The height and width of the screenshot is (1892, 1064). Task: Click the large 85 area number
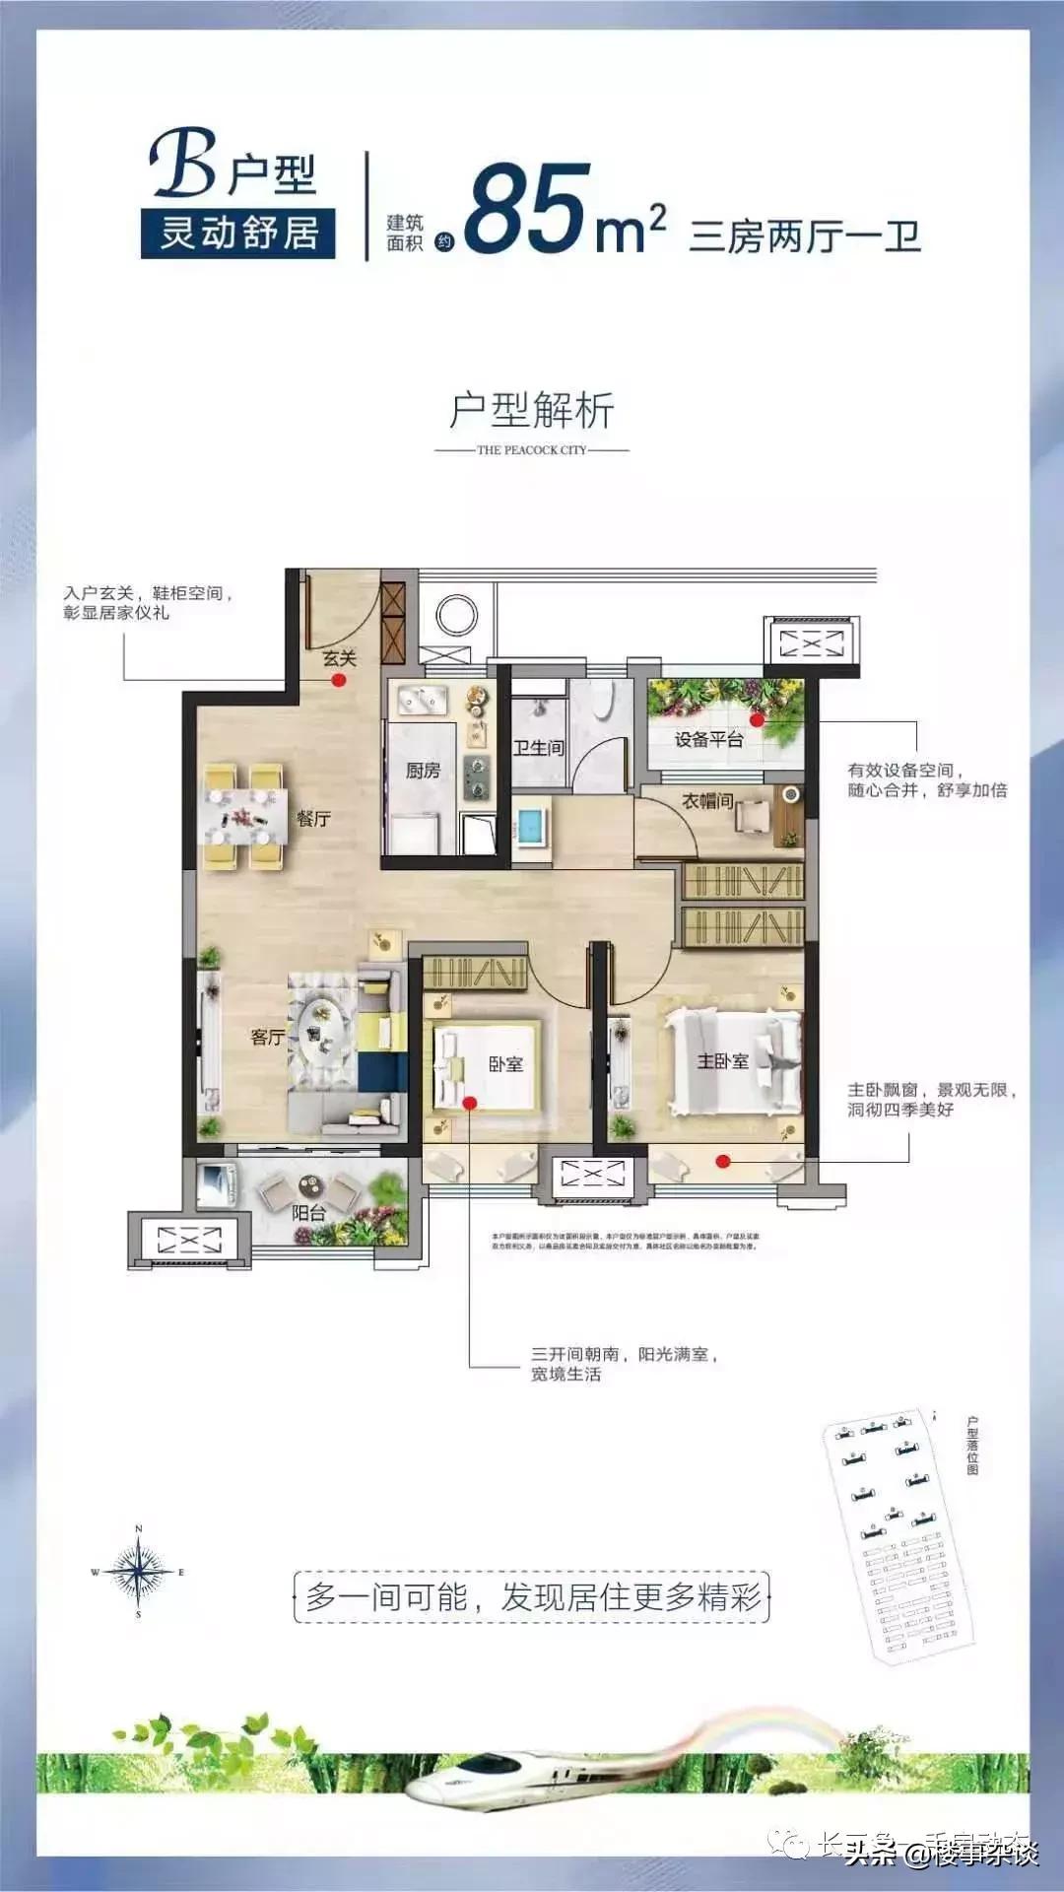(x=527, y=209)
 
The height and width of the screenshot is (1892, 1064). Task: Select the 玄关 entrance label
(x=339, y=658)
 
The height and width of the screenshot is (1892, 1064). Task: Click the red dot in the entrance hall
(x=338, y=680)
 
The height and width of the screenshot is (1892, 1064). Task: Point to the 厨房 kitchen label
(x=423, y=770)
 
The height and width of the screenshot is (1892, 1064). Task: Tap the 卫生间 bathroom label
(x=539, y=748)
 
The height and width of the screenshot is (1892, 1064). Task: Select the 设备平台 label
(x=708, y=739)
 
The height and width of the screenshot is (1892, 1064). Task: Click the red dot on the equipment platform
(x=757, y=721)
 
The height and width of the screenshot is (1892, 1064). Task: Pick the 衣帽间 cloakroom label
(x=708, y=801)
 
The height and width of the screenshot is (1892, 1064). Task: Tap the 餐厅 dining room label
(x=313, y=818)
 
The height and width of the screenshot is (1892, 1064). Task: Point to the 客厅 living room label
(x=267, y=1037)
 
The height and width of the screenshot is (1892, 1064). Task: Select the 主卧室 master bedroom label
(x=723, y=1060)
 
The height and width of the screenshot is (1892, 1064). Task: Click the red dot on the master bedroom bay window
(x=723, y=1162)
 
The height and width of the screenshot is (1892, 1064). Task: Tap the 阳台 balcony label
(x=308, y=1213)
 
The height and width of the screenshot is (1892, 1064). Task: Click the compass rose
(x=138, y=1572)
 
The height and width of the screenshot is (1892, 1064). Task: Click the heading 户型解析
(x=532, y=410)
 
